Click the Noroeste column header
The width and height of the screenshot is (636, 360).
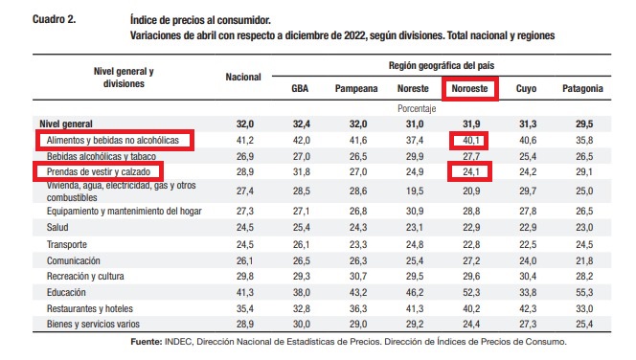[x=469, y=88]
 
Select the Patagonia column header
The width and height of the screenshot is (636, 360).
[x=582, y=88]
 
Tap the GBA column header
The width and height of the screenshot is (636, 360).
[x=300, y=88]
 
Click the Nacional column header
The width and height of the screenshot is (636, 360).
[x=243, y=77]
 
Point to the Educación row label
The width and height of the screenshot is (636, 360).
[x=66, y=292]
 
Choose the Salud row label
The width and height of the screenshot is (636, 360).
[x=57, y=227]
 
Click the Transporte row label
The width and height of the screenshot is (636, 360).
[x=66, y=244]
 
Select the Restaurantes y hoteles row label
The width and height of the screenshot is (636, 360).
[x=90, y=308]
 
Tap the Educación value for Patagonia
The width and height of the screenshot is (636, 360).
[x=584, y=292]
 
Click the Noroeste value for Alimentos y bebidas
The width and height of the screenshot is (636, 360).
[x=471, y=141]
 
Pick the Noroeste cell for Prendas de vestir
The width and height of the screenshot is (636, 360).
[x=471, y=172]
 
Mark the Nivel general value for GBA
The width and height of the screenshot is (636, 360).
[x=302, y=124]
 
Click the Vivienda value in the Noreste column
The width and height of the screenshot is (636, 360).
[x=415, y=191]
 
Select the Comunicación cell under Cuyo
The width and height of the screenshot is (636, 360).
[x=528, y=260]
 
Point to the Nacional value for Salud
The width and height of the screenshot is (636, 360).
[x=245, y=227]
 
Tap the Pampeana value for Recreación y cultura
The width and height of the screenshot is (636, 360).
[x=358, y=276]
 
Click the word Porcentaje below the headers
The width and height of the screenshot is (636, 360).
[x=417, y=108]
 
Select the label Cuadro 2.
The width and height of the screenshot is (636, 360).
[x=54, y=19]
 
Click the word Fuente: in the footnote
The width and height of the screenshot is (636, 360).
[x=146, y=342]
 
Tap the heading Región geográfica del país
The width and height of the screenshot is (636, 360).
[x=442, y=65]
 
